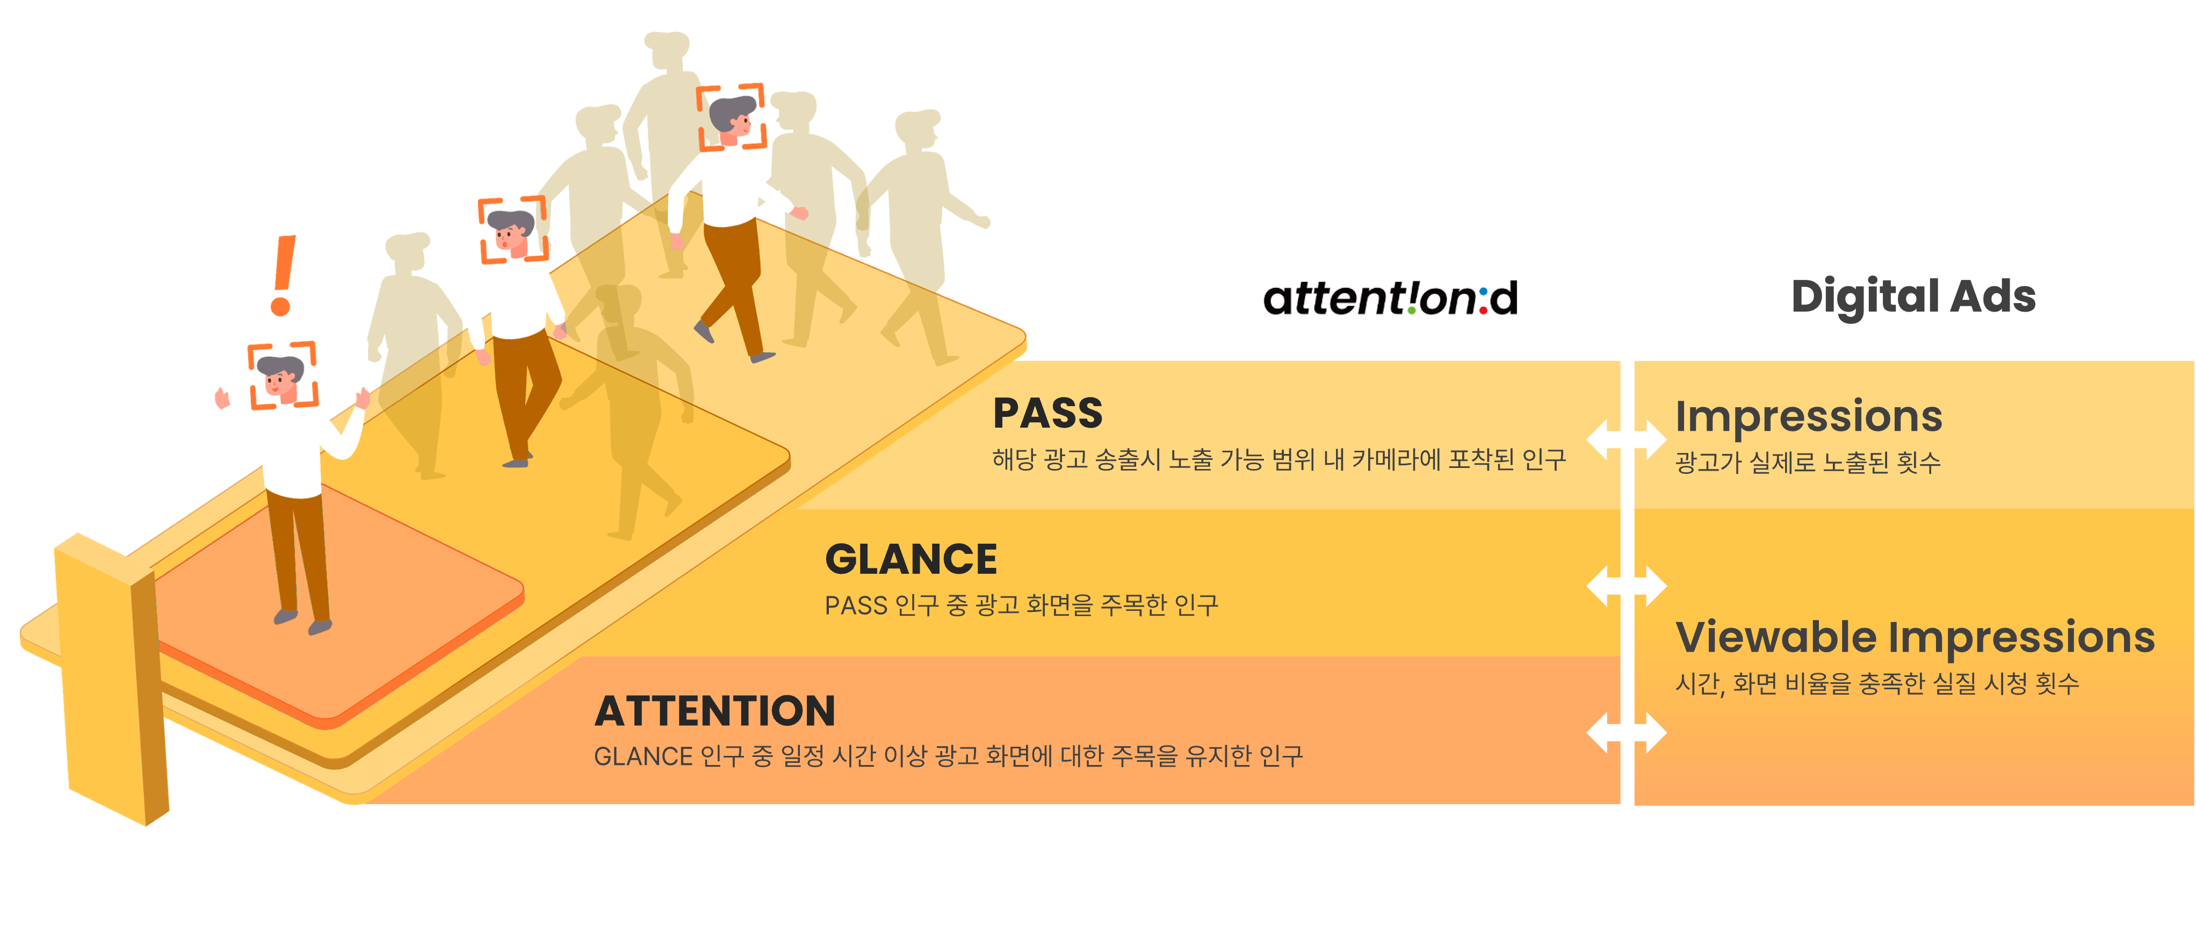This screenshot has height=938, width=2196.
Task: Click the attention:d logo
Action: [x=1390, y=299]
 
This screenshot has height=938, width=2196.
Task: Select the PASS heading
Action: [x=1048, y=414]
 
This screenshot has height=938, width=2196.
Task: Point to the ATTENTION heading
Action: [x=714, y=711]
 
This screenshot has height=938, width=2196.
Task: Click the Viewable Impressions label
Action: [x=1915, y=637]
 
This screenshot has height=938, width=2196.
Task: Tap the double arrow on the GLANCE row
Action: [x=1626, y=586]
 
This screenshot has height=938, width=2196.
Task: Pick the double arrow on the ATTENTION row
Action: [x=1626, y=732]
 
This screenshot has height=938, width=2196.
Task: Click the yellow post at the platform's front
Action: [x=111, y=682]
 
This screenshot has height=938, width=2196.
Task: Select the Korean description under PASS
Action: [x=1278, y=460]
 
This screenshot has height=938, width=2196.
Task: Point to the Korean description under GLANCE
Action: [x=1021, y=605]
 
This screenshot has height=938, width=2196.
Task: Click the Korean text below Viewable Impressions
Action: [x=1877, y=683]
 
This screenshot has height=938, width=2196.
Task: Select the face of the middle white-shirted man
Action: [x=510, y=234]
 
